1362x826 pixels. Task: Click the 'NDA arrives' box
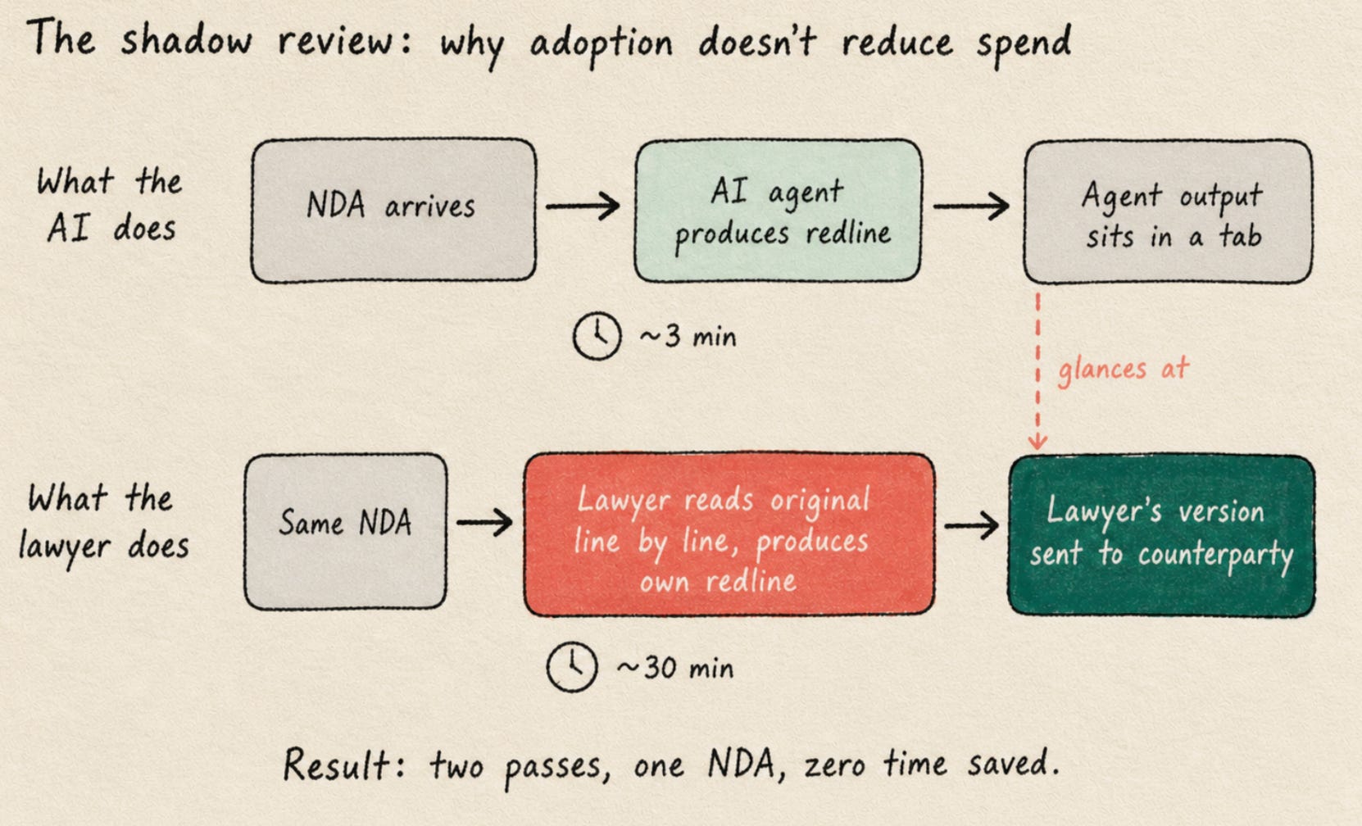point(393,211)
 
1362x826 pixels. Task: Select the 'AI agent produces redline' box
point(779,211)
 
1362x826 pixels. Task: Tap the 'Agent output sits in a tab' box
point(1168,211)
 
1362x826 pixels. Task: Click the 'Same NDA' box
point(345,531)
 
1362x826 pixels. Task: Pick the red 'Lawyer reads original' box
point(729,533)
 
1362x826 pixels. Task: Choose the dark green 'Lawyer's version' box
point(1161,536)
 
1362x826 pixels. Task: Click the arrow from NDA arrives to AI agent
point(583,206)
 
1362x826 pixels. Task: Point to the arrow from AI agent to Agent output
point(971,206)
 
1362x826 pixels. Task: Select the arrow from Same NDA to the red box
point(484,522)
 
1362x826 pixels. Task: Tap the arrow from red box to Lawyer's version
point(971,525)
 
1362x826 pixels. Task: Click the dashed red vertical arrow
point(1038,370)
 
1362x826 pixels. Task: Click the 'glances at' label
point(1123,370)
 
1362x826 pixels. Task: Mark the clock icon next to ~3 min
point(597,336)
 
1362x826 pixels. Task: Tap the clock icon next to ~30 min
point(571,667)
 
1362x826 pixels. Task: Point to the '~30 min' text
point(675,667)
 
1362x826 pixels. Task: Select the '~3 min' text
point(688,336)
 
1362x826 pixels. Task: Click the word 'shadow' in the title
point(186,40)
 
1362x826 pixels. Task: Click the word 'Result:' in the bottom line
point(345,764)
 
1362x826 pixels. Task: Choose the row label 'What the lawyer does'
point(103,523)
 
